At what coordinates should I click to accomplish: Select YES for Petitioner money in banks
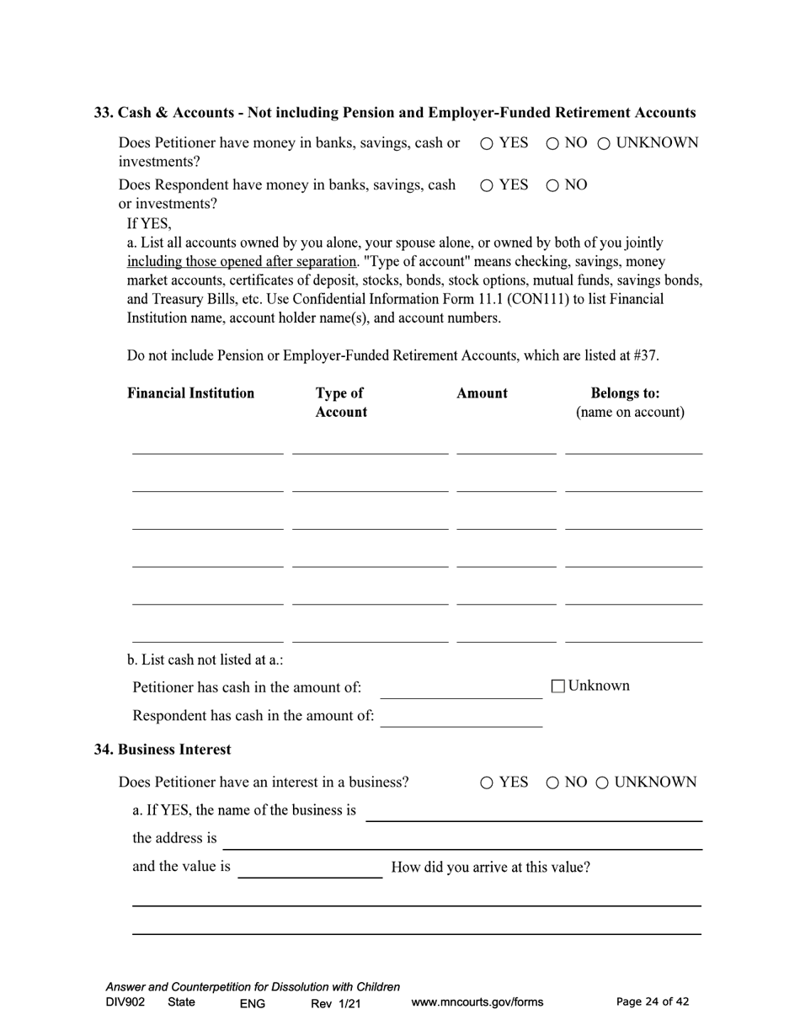(487, 144)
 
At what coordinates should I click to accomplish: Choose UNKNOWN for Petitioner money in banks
(604, 144)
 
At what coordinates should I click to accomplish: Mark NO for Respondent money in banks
(552, 186)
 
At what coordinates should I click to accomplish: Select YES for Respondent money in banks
(487, 186)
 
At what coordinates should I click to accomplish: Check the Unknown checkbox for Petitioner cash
(557, 686)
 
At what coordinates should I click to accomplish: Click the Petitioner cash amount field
(461, 689)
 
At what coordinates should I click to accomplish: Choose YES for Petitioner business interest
(487, 783)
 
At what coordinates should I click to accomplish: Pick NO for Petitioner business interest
(552, 783)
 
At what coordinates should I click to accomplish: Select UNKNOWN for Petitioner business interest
(603, 783)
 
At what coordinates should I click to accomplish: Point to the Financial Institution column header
(190, 393)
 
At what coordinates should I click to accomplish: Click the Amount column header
(482, 393)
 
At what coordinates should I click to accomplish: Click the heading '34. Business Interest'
(163, 749)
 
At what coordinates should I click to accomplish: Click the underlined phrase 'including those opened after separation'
(242, 261)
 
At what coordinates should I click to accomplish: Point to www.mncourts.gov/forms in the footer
(477, 1002)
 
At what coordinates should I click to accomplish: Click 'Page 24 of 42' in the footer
(653, 1001)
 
